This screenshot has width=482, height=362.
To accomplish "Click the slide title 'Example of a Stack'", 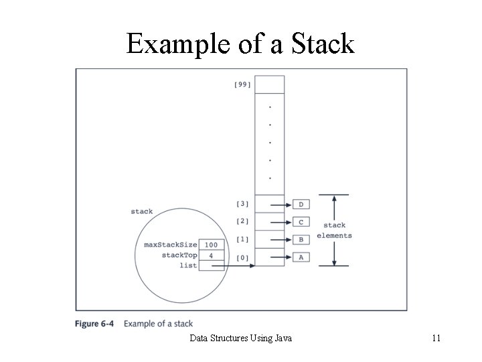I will tap(240, 44).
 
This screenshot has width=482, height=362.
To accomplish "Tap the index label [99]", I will tap(242, 84).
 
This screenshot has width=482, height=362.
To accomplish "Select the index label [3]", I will tap(242, 204).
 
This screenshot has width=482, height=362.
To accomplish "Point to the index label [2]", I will tap(242, 221).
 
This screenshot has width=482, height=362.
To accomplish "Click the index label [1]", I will tap(242, 239).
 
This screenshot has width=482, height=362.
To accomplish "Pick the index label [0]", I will tap(242, 257).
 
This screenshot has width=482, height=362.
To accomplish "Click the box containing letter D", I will tap(301, 204).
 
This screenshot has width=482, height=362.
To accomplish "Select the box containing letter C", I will tap(301, 222).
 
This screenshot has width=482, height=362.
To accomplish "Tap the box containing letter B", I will tap(301, 239).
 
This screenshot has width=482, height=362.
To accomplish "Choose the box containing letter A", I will tap(301, 257).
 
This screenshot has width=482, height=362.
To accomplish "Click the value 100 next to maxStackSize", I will tap(211, 245).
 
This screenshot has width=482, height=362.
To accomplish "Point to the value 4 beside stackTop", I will tap(211, 255).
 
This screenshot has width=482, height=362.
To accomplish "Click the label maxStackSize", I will tap(171, 245).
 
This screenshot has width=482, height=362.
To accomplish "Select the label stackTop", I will tap(179, 255).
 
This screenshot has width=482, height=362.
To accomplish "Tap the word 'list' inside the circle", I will tap(188, 266).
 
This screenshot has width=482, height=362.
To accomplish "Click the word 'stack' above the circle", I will tap(141, 212).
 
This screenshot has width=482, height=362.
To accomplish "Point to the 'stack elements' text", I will tap(334, 231).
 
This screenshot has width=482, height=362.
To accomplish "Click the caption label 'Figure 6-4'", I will tap(94, 324).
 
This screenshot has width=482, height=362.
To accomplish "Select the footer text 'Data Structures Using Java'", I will tap(240, 339).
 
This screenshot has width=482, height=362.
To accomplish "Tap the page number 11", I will tap(436, 339).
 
